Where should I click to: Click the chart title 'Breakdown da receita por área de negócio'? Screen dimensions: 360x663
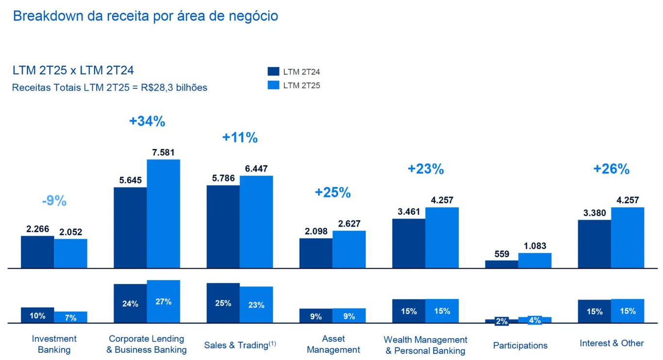(145, 16)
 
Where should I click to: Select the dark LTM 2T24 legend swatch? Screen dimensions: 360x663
(274, 71)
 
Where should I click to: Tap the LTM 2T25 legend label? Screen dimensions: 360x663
(301, 85)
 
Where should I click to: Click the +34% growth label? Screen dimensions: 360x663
(147, 121)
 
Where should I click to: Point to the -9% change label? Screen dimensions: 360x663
(54, 201)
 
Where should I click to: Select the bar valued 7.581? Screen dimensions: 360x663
(164, 213)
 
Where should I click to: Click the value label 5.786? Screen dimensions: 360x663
(223, 178)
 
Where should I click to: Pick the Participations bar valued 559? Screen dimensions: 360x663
(501, 264)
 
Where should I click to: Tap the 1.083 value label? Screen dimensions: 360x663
(534, 246)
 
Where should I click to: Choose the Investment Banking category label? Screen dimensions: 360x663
(54, 344)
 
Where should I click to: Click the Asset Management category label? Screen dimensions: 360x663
(333, 344)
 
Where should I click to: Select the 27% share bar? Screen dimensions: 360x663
(164, 301)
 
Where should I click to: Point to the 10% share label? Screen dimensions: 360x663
(37, 316)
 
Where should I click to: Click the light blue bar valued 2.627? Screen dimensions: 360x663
(349, 249)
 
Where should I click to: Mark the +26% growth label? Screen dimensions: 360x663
(611, 169)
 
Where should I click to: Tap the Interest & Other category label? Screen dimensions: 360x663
(612, 344)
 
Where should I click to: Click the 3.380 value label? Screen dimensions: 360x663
(594, 213)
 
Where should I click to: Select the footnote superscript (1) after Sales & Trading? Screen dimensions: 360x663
(272, 344)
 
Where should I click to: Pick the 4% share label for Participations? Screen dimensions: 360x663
(534, 320)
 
